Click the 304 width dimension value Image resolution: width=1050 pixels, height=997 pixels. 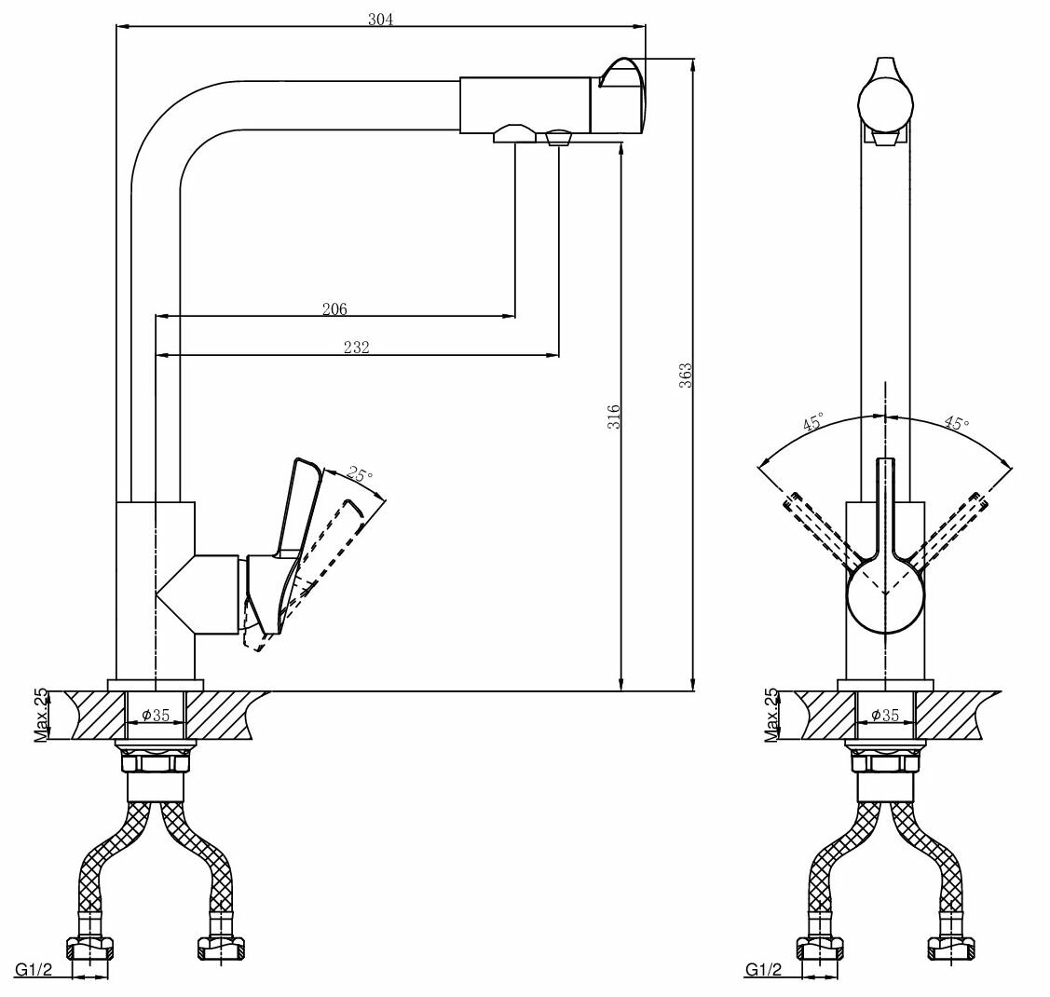[x=380, y=19]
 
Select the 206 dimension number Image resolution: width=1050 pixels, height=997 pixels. [x=334, y=309]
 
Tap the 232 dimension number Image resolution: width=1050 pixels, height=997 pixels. [x=356, y=347]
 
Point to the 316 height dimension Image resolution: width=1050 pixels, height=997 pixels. [x=613, y=417]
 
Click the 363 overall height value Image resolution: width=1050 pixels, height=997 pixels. [x=685, y=376]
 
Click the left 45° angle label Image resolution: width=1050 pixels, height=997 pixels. [x=812, y=423]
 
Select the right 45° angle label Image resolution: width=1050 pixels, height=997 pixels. [x=956, y=422]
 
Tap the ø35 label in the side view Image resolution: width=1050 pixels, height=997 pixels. [x=155, y=716]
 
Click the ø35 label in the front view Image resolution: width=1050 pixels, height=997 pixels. [x=884, y=716]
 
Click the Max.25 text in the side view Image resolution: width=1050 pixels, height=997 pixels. [x=40, y=716]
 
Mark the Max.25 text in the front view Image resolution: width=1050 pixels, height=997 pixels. [x=770, y=716]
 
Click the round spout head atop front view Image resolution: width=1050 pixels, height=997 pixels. [x=884, y=102]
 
